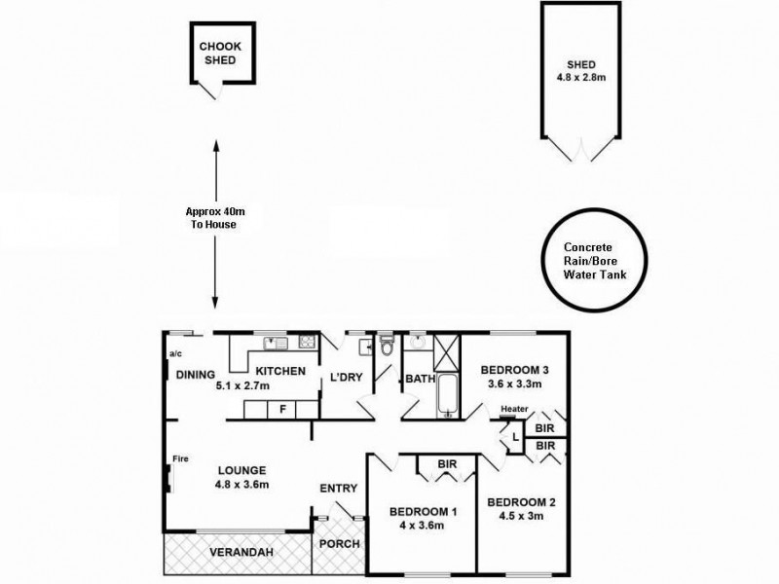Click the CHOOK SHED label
(220, 54)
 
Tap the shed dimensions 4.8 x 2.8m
(580, 78)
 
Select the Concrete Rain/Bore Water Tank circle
(594, 260)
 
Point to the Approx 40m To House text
(214, 218)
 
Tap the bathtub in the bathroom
(449, 396)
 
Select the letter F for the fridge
(282, 410)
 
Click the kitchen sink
(276, 343)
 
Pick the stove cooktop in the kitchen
(308, 342)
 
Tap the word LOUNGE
(241, 470)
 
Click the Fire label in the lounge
(180, 458)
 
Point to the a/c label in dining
(176, 354)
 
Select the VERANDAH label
(241, 552)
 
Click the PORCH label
(339, 544)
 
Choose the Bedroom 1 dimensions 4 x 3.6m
(422, 526)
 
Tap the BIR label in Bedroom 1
(447, 464)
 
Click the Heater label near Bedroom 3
(514, 409)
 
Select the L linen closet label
(515, 437)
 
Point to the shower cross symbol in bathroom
(446, 352)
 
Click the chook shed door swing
(208, 91)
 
